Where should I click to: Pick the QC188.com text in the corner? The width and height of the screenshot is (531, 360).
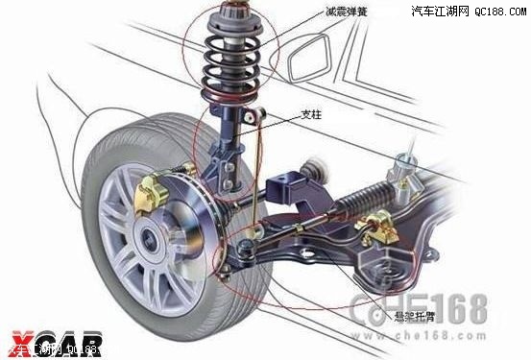click(x=500, y=12)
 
